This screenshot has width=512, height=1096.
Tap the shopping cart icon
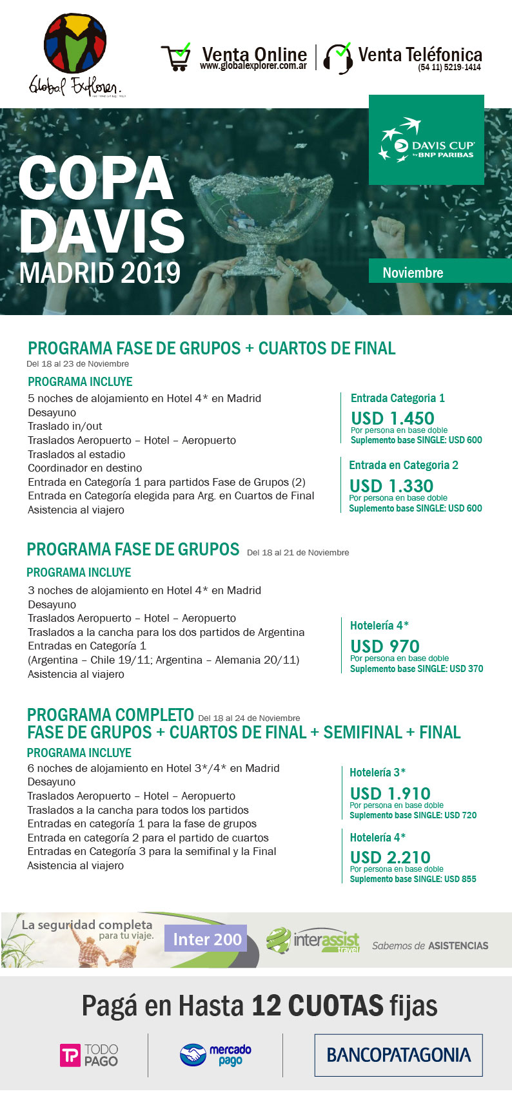coord(175,57)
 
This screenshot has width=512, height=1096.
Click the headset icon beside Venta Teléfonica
coord(338,58)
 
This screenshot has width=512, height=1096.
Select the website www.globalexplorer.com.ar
coord(253,66)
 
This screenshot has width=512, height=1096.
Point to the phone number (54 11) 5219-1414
coord(449,67)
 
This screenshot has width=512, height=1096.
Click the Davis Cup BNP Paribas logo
coord(426,140)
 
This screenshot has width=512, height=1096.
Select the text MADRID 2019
coord(100,273)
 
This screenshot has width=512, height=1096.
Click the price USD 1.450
coord(393,418)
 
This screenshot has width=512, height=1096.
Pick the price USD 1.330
coord(391,486)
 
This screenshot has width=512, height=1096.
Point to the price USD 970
coord(385,646)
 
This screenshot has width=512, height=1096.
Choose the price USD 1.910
coord(390,793)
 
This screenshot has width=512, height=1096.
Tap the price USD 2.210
coord(390,857)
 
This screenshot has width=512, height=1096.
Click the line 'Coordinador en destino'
coord(84,468)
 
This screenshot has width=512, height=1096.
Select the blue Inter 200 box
coord(206,939)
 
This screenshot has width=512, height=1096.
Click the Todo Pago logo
coord(89,1055)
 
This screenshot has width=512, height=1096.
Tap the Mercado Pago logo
coord(215,1055)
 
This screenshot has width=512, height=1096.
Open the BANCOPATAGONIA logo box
coord(399,1055)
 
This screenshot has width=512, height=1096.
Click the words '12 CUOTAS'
coord(317,1006)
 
